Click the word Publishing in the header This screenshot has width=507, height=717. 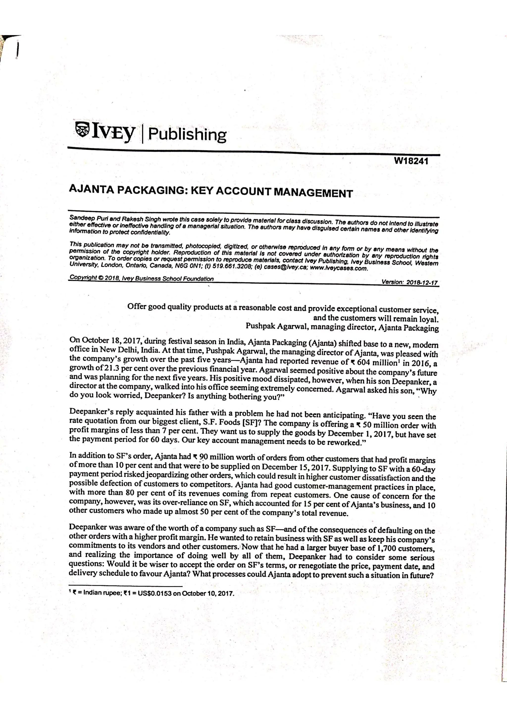click(x=187, y=135)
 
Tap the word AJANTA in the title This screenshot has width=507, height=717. click(x=90, y=189)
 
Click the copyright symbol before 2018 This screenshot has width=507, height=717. click(x=101, y=278)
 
